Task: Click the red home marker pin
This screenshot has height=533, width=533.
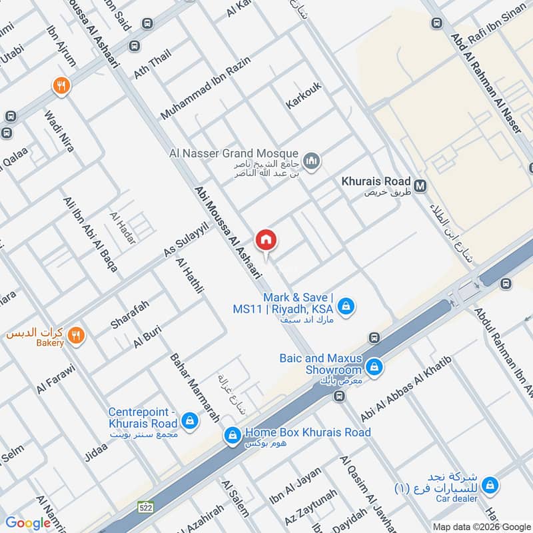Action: pyautogui.click(x=266, y=240)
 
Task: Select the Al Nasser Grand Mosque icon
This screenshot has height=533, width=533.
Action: pyautogui.click(x=311, y=161)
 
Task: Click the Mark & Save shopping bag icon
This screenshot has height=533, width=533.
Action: pyautogui.click(x=346, y=306)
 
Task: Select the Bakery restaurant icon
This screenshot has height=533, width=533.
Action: pyautogui.click(x=77, y=336)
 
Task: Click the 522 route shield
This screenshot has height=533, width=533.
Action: pyautogui.click(x=146, y=508)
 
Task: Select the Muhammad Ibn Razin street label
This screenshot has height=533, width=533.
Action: pyautogui.click(x=205, y=89)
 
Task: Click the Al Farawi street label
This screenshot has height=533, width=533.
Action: pyautogui.click(x=57, y=379)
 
